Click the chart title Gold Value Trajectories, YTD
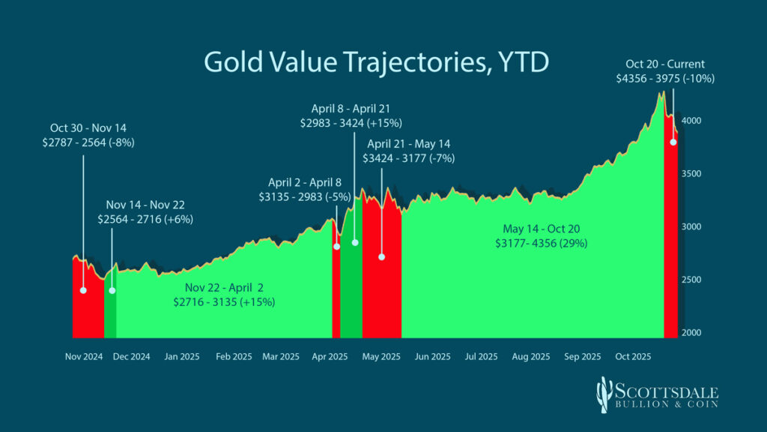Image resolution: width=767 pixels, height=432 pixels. point(376,62)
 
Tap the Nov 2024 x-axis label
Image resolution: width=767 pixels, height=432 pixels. point(83,357)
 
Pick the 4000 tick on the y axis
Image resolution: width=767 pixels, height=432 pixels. point(692,121)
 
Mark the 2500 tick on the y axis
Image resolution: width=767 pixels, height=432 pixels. point(692,280)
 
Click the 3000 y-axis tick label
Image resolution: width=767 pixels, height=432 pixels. point(692,226)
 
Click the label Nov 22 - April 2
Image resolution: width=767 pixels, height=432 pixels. point(223,287)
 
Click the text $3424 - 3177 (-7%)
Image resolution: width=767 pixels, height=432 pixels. point(408,158)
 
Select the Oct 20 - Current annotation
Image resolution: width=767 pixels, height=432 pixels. point(666,64)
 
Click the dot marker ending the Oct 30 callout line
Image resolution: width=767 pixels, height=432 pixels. point(83,290)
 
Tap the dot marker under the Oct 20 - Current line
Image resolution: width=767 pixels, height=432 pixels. point(673,142)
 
